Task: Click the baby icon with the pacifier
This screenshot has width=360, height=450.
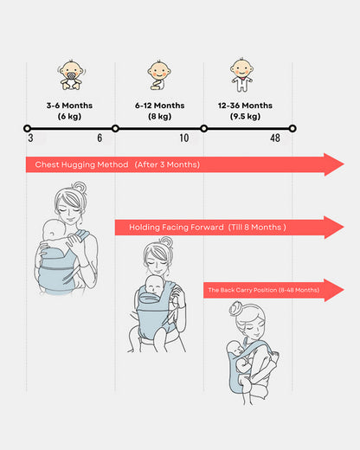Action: coord(71,75)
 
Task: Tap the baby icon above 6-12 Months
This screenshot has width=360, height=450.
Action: coord(159,75)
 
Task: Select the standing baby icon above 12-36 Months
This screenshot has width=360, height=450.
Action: coord(241,75)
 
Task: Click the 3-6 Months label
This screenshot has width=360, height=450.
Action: coord(69,106)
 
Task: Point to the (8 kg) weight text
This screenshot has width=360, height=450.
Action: coord(160,117)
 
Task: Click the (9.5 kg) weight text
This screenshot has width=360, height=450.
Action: coord(245,117)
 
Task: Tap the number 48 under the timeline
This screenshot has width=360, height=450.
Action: coord(275,138)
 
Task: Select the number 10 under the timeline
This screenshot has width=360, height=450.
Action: coord(184,138)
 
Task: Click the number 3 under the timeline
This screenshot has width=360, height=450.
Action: coord(30,138)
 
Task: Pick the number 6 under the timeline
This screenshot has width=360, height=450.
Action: coord(100,138)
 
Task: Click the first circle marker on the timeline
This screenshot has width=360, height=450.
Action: coord(27,128)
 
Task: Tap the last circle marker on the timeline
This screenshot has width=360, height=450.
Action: coord(292,128)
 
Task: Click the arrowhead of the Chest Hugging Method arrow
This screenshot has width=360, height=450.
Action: coord(333,164)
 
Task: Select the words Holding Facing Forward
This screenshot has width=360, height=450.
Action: coord(177,228)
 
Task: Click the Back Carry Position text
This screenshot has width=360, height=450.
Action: coord(264,290)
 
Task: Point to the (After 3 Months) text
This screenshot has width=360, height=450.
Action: coord(167,164)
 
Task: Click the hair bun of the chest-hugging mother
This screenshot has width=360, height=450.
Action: coord(80,187)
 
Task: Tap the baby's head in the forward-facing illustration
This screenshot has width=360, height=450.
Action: coord(154,285)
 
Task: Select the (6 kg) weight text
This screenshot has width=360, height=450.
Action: coord(69,117)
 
